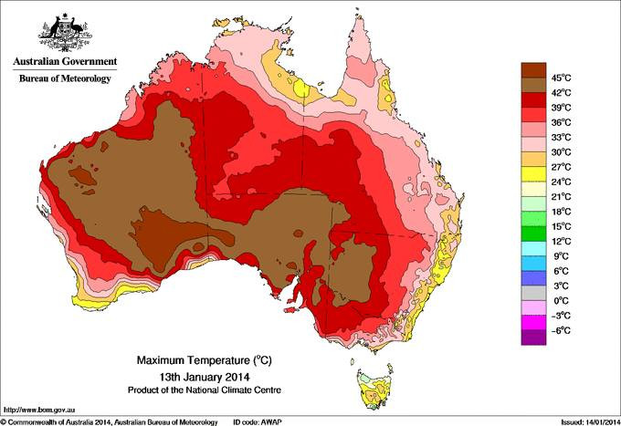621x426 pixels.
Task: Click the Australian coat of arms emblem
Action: pos(64,31)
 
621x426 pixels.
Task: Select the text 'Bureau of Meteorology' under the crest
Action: pos(65,79)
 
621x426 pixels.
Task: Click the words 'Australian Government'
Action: pos(65,62)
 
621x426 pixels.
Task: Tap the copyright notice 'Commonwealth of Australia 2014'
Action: pos(64,421)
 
